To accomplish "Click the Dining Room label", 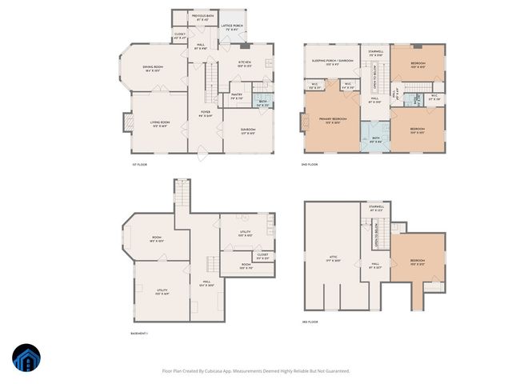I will pyautogui.click(x=153, y=69).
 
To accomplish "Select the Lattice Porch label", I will pyautogui.click(x=232, y=27).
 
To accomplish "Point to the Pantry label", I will pyautogui.click(x=237, y=96).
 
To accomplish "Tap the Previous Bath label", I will pyautogui.click(x=202, y=17).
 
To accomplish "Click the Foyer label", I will pyautogui.click(x=206, y=114).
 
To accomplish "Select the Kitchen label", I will pyautogui.click(x=246, y=64).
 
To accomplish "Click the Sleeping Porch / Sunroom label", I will pyautogui.click(x=333, y=62).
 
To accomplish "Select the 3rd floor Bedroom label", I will pyautogui.click(x=418, y=262).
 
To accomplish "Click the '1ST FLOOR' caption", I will pyautogui.click(x=140, y=164).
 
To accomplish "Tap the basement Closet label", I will pyautogui.click(x=262, y=255).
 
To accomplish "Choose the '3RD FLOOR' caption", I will pyautogui.click(x=310, y=322).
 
